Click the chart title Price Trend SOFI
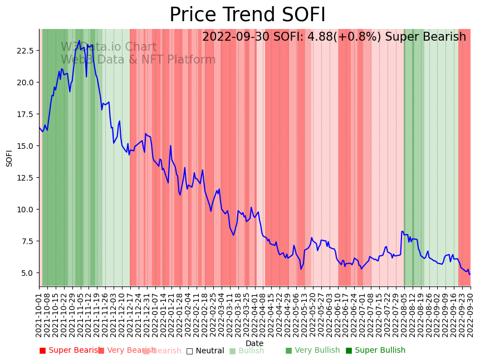[x=247, y=15]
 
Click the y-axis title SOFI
[x=9, y=158]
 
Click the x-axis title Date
[x=254, y=343]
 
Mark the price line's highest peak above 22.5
[x=79, y=41]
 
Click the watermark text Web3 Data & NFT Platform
[x=138, y=60]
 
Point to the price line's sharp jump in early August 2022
[x=402, y=232]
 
